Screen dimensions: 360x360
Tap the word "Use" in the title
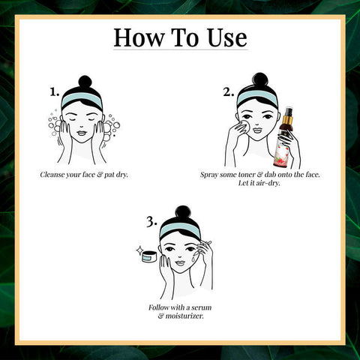227,37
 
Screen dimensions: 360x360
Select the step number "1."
55,92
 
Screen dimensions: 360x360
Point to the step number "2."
229,92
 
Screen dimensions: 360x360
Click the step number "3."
151,222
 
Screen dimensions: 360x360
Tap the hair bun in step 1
85,82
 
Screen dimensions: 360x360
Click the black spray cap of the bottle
289,112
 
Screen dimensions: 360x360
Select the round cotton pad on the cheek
244,126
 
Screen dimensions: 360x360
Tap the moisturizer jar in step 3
149,256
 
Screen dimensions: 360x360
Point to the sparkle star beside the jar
139,250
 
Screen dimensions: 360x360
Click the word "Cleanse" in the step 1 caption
52,175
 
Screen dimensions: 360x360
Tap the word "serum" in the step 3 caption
202,307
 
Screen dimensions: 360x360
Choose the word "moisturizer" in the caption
184,316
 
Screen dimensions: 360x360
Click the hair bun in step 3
183,213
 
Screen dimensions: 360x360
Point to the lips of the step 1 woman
82,133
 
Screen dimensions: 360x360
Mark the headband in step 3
180,229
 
